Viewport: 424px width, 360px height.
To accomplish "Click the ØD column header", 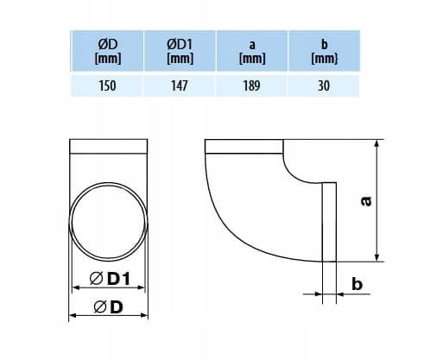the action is click(107, 51).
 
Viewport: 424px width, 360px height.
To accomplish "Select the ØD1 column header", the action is click(180, 51).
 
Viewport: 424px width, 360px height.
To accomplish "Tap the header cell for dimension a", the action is click(252, 51).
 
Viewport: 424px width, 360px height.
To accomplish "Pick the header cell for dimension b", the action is click(324, 51).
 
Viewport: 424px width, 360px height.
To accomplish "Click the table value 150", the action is click(107, 85).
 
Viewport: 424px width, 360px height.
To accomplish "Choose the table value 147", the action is click(180, 85).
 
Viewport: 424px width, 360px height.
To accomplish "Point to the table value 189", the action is click(252, 85).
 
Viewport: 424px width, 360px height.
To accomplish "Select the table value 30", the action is click(324, 85).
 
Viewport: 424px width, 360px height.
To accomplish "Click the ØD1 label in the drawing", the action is click(110, 279).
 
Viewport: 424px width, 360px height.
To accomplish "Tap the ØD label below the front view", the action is click(109, 306).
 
